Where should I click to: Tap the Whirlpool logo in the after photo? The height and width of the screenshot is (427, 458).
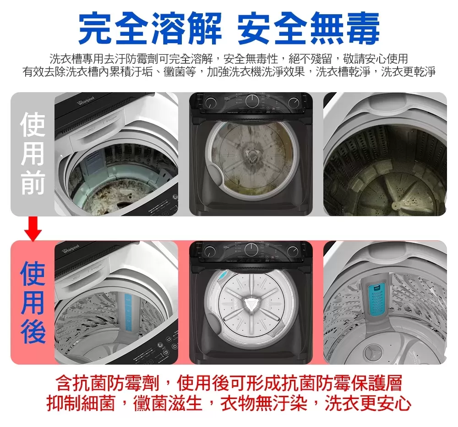(71, 248)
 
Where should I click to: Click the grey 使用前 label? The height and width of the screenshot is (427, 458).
(33, 154)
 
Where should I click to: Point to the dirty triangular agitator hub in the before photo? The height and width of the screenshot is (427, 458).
(251, 155)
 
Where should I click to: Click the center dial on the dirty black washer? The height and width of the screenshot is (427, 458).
(253, 101)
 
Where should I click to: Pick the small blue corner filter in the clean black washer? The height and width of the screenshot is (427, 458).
(221, 277)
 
